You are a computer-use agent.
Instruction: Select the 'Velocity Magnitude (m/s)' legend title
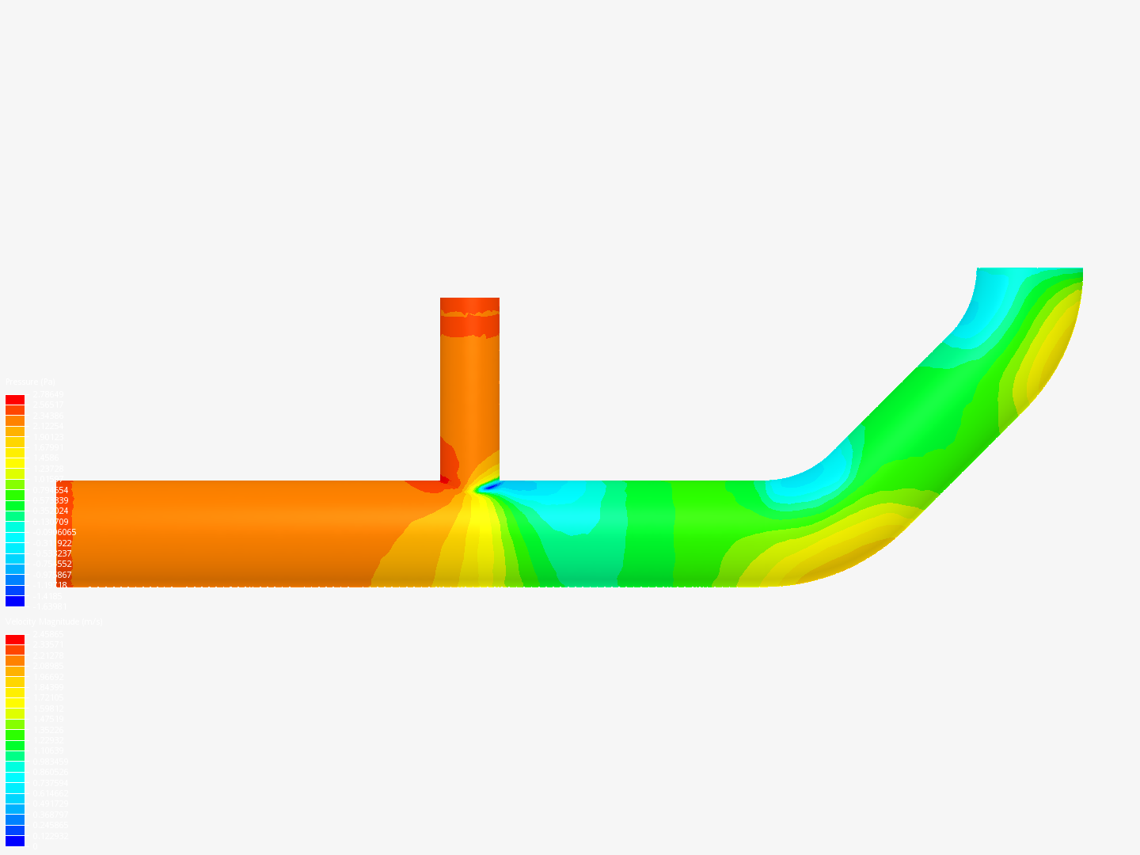pyautogui.click(x=54, y=622)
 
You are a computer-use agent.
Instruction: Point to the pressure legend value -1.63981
pyautogui.click(x=49, y=606)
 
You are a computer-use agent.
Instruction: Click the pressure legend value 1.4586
pyautogui.click(x=45, y=458)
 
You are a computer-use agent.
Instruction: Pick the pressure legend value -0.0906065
pyautogui.click(x=54, y=533)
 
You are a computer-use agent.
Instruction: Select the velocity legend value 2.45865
pyautogui.click(x=48, y=634)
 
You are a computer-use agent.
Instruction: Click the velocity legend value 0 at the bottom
pyautogui.click(x=34, y=846)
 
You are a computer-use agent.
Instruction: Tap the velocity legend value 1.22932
pyautogui.click(x=48, y=740)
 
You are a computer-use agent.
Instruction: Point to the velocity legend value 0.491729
pyautogui.click(x=51, y=804)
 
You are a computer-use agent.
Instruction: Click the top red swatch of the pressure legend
pyautogui.click(x=15, y=400)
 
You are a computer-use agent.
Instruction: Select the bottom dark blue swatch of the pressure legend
pyautogui.click(x=15, y=601)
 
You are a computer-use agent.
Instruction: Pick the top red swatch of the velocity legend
pyautogui.click(x=15, y=640)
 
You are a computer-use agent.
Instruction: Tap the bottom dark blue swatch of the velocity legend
pyautogui.click(x=15, y=841)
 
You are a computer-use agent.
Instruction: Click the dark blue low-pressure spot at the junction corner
pyautogui.click(x=490, y=486)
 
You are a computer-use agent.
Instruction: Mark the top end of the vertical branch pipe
pyautogui.click(x=469, y=300)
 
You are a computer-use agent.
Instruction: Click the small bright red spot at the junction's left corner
pyautogui.click(x=444, y=479)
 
